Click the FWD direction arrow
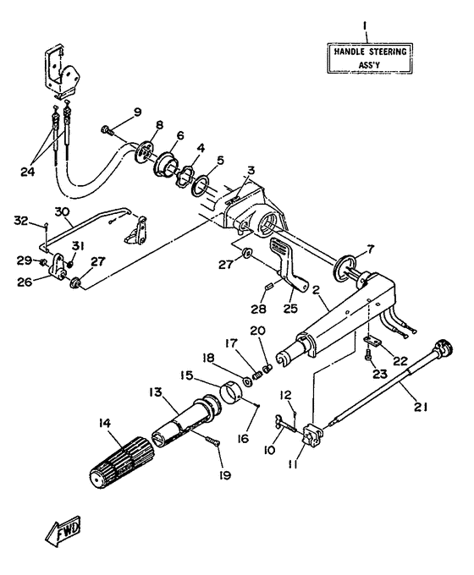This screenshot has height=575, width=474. point(63,531)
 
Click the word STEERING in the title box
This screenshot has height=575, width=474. point(388,52)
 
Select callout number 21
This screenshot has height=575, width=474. point(421,407)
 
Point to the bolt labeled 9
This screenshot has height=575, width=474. point(106,130)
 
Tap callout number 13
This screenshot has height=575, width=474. point(155,392)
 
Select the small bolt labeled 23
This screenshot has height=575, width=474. point(369,355)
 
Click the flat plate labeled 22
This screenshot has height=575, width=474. point(373,341)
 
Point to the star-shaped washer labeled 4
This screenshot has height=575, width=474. point(184,176)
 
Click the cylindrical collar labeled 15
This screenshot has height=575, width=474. point(230,392)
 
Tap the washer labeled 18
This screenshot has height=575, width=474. point(247,381)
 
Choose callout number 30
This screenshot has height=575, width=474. point(62,212)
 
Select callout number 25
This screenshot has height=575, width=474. point(290,308)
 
